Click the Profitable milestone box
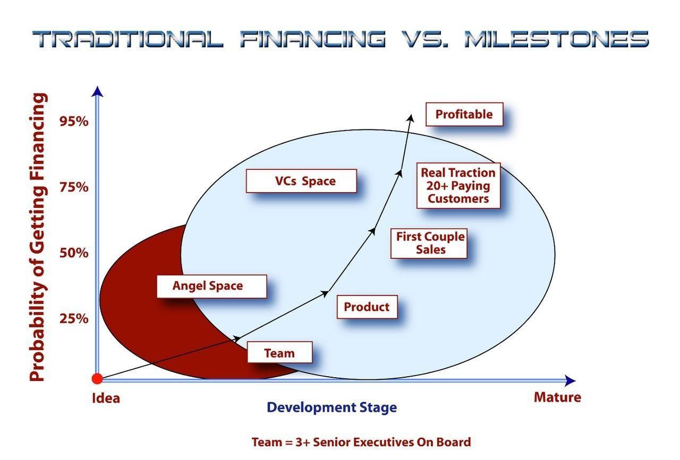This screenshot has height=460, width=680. click(x=464, y=114)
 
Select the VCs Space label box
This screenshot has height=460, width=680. click(x=301, y=181)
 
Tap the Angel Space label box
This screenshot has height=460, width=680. click(x=211, y=286)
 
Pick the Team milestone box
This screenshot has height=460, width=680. click(x=279, y=353)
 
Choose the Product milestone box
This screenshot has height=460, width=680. click(x=367, y=307)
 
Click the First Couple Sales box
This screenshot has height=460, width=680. click(x=429, y=243)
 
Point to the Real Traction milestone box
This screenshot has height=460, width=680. click(x=458, y=186)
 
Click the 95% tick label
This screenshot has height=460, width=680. click(x=74, y=121)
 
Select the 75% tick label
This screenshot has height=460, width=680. click(x=74, y=187)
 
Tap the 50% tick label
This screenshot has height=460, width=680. click(x=74, y=253)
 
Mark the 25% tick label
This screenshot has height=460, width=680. click(x=74, y=318)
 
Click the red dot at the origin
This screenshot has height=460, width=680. click(x=97, y=379)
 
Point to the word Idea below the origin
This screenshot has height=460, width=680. click(x=106, y=398)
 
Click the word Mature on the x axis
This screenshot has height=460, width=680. click(x=557, y=397)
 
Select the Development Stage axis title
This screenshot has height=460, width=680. click(x=331, y=407)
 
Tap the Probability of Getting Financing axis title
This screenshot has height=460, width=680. click(x=38, y=237)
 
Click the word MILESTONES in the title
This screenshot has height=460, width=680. click(x=556, y=39)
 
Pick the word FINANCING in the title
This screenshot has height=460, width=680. click(x=313, y=39)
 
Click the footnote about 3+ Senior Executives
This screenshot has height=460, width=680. click(x=361, y=442)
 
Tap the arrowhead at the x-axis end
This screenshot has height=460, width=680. click(x=570, y=380)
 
